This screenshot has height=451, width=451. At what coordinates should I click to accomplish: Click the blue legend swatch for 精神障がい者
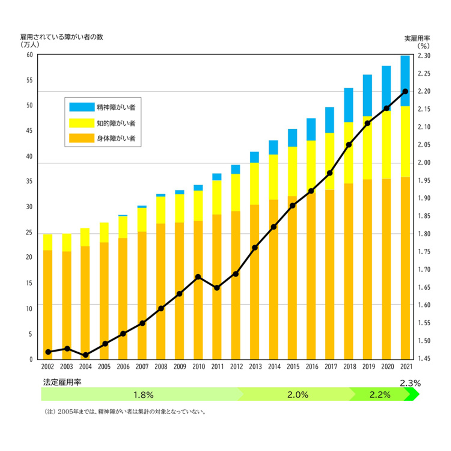[x=82, y=107]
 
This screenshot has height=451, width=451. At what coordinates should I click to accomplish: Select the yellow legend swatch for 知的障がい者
[x=82, y=123]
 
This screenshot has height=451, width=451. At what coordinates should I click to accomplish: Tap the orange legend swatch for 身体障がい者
[x=82, y=138]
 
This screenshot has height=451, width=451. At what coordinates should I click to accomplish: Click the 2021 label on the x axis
[x=406, y=366]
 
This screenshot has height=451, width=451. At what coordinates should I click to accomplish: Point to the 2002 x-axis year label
[x=48, y=366]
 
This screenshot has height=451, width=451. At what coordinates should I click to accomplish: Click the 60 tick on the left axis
[x=29, y=55]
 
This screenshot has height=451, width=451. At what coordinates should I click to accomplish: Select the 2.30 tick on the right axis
[x=424, y=56]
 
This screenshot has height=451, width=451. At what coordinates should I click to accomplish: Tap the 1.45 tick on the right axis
[x=424, y=358]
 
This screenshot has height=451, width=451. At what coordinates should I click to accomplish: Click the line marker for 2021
[x=405, y=91]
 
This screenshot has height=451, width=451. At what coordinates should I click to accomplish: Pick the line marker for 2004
[x=86, y=355]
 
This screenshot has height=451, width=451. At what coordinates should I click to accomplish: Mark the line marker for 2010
[x=198, y=277]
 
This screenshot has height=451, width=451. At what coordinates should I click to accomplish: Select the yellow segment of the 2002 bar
[x=48, y=242]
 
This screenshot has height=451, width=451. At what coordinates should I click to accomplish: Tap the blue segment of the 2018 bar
[x=349, y=105]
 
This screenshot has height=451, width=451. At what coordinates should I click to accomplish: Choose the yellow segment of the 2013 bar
[x=254, y=184]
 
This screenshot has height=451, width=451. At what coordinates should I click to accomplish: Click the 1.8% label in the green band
[x=143, y=395]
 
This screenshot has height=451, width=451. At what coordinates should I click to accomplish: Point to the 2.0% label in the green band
[x=298, y=395]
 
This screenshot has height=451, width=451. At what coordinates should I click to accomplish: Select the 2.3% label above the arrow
[x=410, y=383]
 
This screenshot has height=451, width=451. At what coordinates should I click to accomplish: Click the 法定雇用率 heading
[x=62, y=382]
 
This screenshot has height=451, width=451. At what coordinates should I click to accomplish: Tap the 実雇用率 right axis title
[x=417, y=39]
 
